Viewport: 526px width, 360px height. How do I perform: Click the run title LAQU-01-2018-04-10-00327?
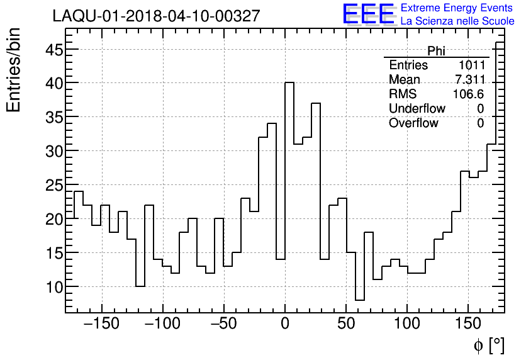(x=156, y=16)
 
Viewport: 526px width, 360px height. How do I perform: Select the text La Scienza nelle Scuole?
(x=457, y=21)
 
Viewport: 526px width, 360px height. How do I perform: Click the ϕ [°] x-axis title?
(x=488, y=345)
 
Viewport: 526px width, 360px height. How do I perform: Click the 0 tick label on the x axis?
(x=285, y=323)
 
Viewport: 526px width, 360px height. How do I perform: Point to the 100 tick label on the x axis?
(x=408, y=323)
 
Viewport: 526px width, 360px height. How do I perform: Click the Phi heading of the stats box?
(x=436, y=51)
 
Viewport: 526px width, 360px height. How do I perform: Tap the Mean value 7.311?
(x=469, y=80)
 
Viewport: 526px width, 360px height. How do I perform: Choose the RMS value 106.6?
(x=469, y=94)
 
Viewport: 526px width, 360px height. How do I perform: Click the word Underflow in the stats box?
(x=417, y=109)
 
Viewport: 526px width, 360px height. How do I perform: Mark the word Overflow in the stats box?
(x=413, y=123)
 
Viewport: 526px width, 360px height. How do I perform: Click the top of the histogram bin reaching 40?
(x=289, y=82)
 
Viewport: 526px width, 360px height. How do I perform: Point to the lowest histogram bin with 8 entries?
(x=359, y=300)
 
